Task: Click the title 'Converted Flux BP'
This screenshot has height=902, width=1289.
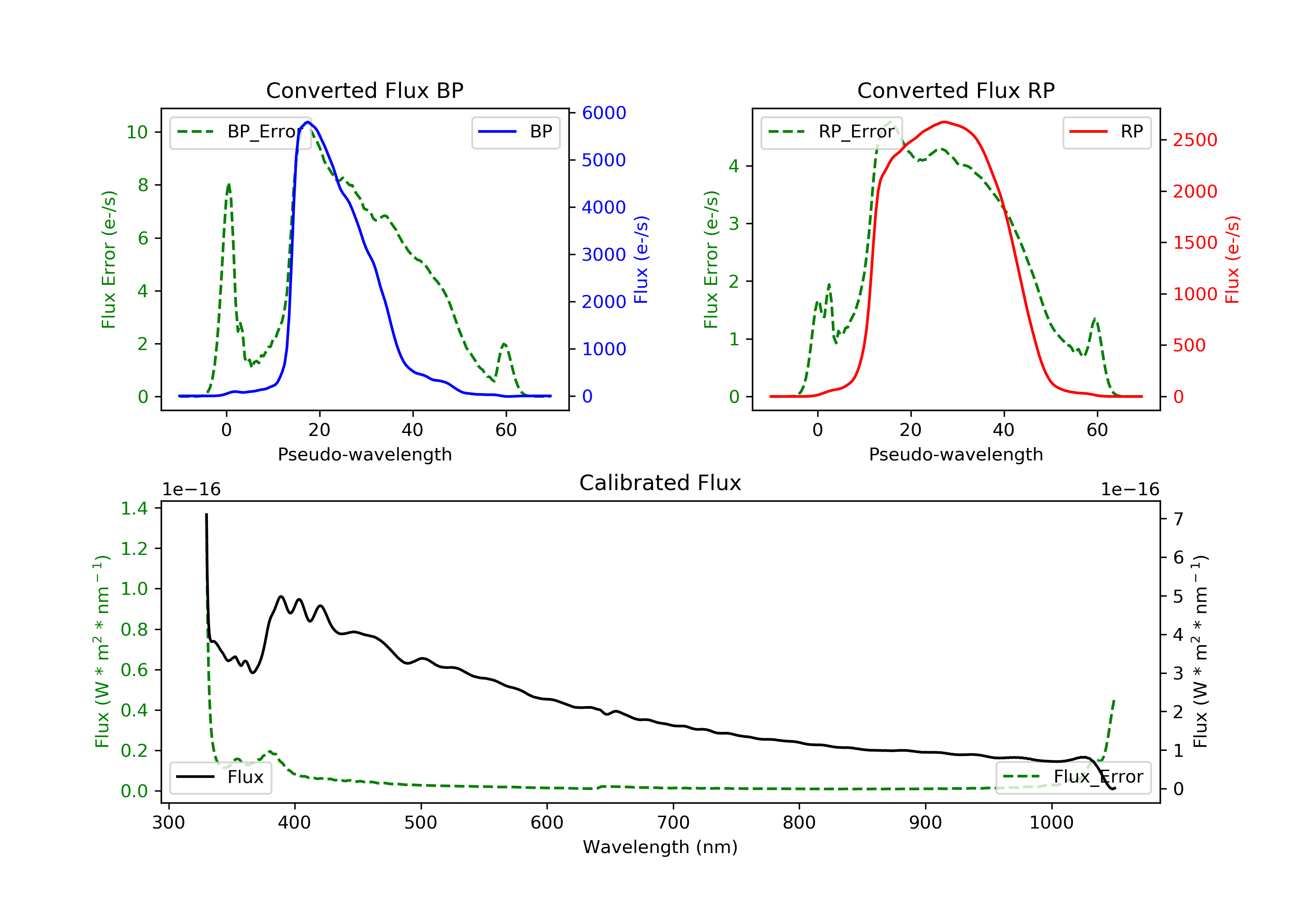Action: tap(364, 90)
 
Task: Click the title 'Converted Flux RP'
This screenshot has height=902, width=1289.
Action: tap(956, 90)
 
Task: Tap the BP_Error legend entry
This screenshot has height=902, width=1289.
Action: tap(240, 132)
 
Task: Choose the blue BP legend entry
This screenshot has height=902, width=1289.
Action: tap(515, 132)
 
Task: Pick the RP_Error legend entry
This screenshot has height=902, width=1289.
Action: tap(831, 132)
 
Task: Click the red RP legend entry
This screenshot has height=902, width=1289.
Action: tap(1106, 132)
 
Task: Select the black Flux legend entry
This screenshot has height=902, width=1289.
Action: tap(221, 777)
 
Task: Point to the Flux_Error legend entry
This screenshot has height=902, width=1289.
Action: tap(1073, 777)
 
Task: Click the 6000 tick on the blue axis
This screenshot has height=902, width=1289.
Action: tap(604, 113)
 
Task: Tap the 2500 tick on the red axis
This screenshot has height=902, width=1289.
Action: tap(1194, 140)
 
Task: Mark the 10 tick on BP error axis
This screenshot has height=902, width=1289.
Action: tap(137, 132)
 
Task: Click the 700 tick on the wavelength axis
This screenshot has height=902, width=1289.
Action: tap(673, 823)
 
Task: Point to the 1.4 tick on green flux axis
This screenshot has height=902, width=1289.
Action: tap(134, 509)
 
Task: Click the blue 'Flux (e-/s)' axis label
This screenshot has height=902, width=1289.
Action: tap(641, 259)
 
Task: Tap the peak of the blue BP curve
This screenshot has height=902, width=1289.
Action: tap(308, 122)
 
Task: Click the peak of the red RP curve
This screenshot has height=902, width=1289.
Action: tap(945, 122)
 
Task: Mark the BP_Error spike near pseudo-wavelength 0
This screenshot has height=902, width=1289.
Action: tap(229, 184)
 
